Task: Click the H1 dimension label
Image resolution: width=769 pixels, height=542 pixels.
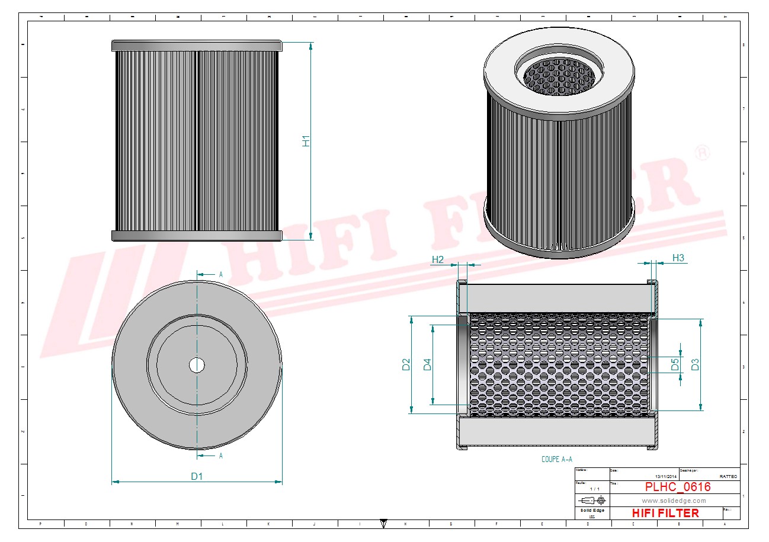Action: coord(306,141)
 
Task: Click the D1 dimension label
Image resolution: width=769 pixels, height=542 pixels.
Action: coord(197,476)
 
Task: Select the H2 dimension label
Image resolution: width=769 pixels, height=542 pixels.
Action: coord(438,259)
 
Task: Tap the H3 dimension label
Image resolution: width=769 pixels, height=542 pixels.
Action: coord(678,258)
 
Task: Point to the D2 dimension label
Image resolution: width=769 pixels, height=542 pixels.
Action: coord(406,364)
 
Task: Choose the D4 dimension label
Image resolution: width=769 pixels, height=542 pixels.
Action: coord(427,365)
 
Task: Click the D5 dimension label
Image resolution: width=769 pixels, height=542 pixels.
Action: coord(675,364)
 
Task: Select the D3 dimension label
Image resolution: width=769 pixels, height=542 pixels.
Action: coord(696,364)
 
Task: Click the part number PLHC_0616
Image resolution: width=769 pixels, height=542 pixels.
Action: coord(678,487)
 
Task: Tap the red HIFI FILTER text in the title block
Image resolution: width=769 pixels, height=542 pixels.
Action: coord(665,513)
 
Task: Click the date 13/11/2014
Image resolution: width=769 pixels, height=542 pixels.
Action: coord(667,476)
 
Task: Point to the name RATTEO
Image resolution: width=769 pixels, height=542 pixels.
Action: coord(728,476)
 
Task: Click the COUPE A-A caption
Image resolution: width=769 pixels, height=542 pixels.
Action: coord(557,459)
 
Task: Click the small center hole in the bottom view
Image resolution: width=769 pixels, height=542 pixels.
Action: coord(197,365)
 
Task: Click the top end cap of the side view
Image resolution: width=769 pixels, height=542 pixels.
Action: coord(197,46)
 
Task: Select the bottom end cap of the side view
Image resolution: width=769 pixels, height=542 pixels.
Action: coord(197,236)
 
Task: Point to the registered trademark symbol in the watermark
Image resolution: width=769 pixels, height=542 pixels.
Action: coord(701,152)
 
